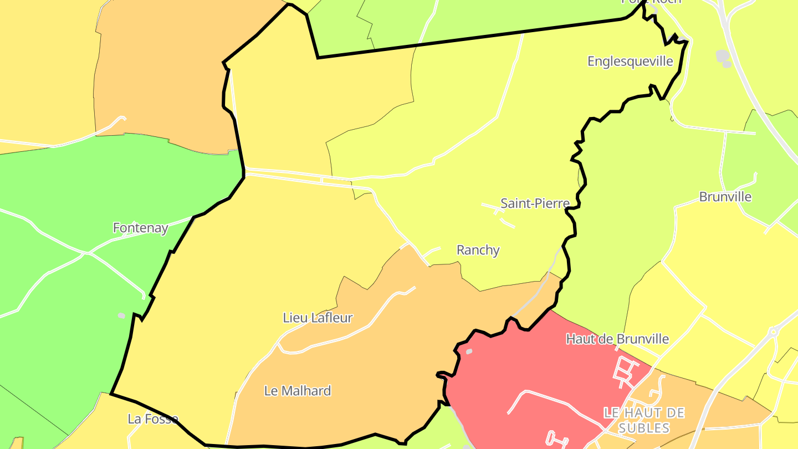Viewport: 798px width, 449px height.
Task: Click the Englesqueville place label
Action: [630, 61]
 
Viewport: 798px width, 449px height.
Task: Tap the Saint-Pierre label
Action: [535, 203]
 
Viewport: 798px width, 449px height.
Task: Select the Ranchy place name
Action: [478, 250]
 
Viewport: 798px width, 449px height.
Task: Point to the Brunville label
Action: [725, 197]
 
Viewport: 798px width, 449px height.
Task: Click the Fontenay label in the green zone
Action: [140, 228]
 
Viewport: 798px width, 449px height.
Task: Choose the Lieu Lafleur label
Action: [318, 318]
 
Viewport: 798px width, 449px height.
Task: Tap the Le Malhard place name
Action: [298, 391]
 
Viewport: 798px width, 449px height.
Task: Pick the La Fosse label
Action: [152, 419]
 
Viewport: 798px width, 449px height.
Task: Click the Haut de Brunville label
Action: [617, 339]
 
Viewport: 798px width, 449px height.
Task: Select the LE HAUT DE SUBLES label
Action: [644, 420]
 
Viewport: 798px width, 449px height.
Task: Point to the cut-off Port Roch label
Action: [651, 2]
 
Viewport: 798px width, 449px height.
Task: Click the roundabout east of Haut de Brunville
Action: [774, 332]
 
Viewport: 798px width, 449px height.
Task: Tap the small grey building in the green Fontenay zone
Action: [121, 315]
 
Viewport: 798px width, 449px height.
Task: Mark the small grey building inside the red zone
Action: [469, 351]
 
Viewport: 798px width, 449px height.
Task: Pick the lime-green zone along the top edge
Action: [471, 22]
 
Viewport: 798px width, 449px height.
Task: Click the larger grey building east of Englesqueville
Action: [722, 55]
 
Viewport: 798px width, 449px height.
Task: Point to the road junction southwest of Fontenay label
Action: [86, 254]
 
